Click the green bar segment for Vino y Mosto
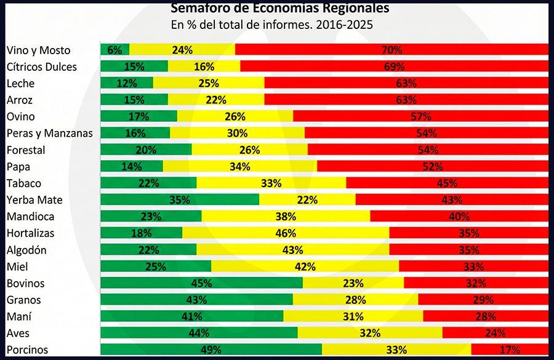click(114, 50)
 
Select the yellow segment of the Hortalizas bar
click(286, 233)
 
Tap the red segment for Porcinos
click(509, 350)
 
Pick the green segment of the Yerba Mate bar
click(179, 200)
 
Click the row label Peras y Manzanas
click(49, 133)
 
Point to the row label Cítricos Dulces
click(42, 66)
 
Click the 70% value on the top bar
click(391, 50)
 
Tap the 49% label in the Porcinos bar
click(211, 350)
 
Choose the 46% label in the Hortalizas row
click(286, 233)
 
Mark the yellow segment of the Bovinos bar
click(353, 283)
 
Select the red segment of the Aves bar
click(495, 333)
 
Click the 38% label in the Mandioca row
click(286, 217)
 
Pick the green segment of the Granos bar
click(196, 300)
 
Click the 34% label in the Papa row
click(239, 166)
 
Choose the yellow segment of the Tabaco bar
click(271, 183)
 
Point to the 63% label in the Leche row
click(406, 83)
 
